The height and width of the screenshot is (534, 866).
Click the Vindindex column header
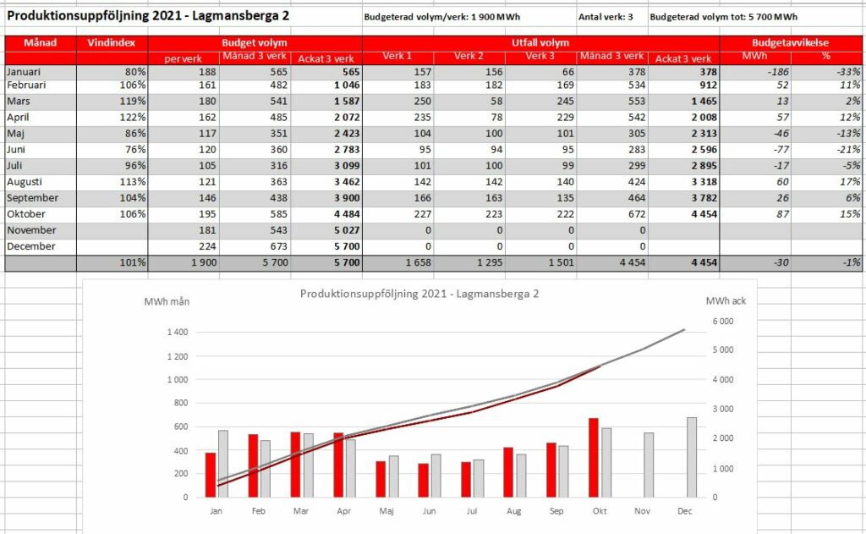tap(111, 42)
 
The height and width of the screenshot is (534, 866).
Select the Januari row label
tap(24, 72)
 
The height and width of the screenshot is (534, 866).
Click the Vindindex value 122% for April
tap(133, 117)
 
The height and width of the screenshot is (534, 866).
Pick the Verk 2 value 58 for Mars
tap(496, 102)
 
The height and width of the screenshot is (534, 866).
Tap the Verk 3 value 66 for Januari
tap(567, 72)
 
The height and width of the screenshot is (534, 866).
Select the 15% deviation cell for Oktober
tap(850, 214)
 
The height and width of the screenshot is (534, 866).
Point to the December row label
tap(31, 246)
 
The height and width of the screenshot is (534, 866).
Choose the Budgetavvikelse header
tap(791, 42)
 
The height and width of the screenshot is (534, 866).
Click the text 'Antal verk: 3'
tap(606, 17)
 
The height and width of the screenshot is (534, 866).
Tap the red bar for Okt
tap(593, 458)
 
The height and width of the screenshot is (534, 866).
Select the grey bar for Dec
tap(692, 457)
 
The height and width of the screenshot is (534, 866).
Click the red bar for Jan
tap(211, 475)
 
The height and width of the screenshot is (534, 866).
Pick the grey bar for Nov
tap(649, 465)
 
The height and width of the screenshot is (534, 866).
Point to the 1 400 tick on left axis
tap(178, 333)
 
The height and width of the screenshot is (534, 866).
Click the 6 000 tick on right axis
tap(723, 322)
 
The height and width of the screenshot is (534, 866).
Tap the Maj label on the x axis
tap(386, 511)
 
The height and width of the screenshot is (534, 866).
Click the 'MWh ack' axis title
tap(726, 301)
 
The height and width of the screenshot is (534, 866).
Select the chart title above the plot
tap(419, 295)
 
